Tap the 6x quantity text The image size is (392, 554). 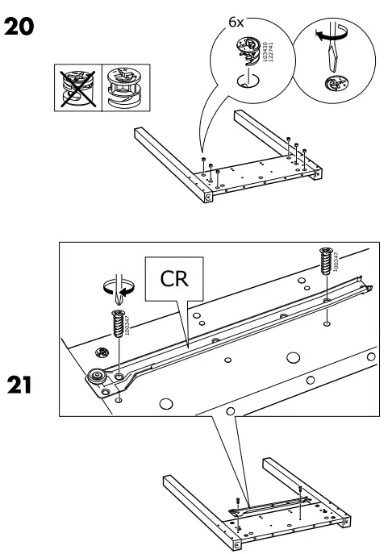(x=236, y=23)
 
